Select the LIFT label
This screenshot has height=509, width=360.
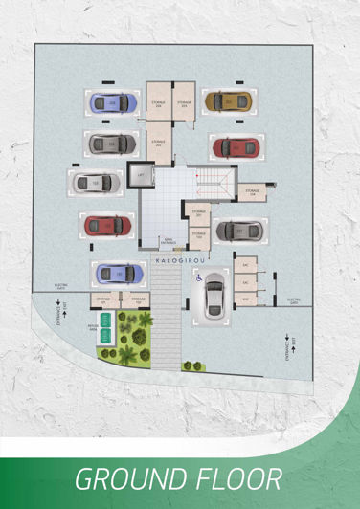141,177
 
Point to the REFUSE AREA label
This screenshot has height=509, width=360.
94,326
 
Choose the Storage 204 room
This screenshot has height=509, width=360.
158,103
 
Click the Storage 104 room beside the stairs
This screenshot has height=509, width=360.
251,192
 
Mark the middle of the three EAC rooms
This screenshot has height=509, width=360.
245,282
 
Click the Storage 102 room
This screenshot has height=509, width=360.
140,300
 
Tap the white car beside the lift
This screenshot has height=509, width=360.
95,181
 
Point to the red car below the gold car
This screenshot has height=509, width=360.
235,147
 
